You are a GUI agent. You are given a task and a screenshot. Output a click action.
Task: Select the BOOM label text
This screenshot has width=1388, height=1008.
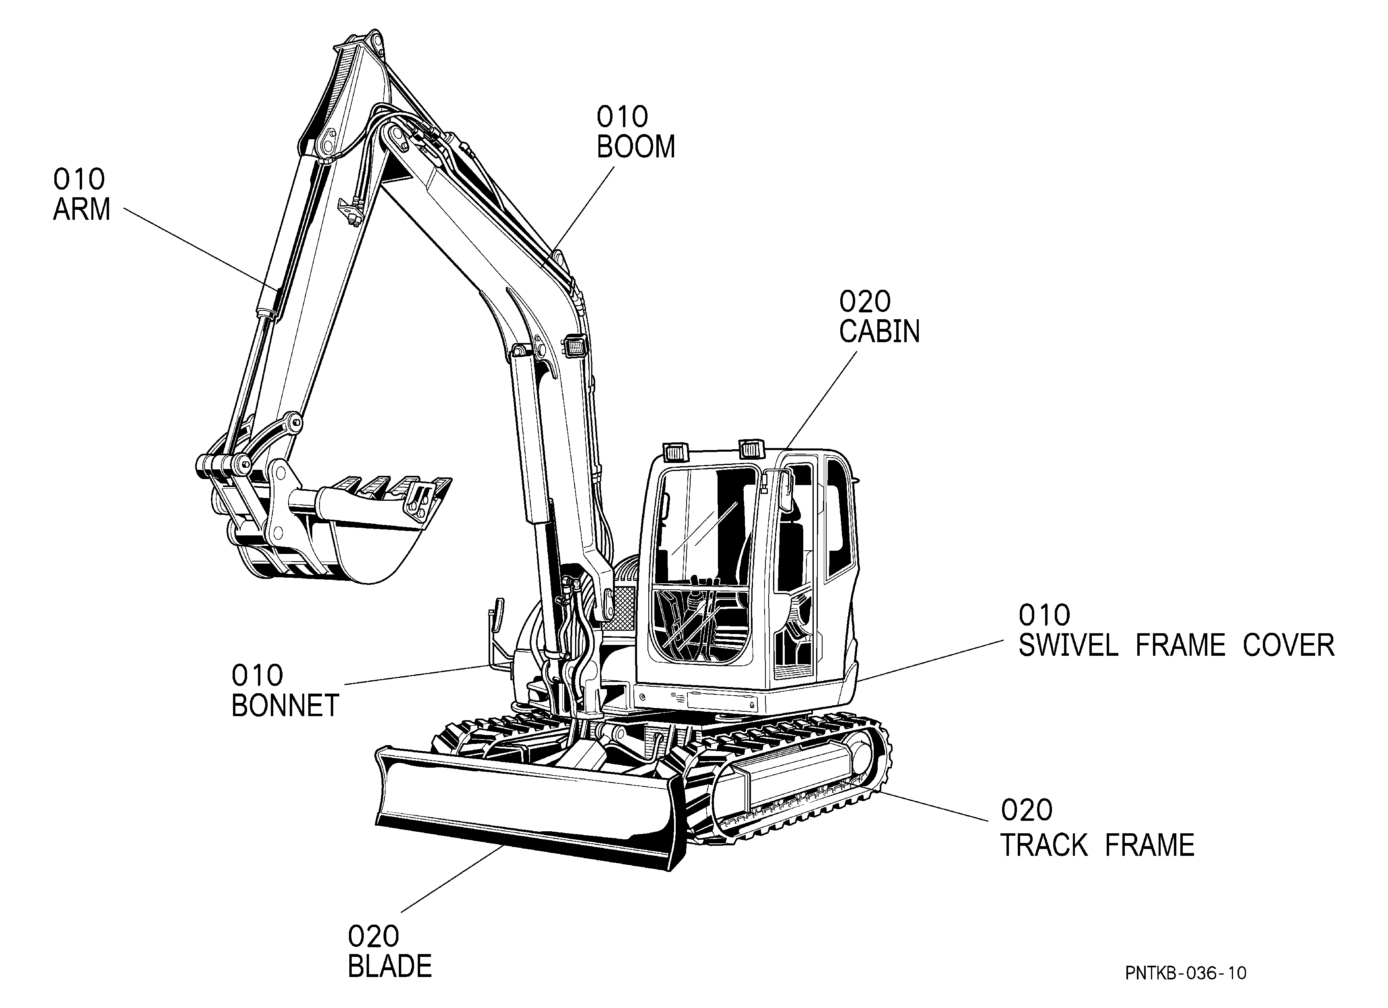coord(636,147)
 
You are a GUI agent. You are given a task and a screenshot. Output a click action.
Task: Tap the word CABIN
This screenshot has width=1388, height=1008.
coord(879,332)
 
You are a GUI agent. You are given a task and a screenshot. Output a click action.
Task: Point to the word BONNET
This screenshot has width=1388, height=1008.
coord(285,706)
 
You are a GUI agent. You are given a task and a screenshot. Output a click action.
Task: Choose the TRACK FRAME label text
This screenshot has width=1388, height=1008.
coord(1097,845)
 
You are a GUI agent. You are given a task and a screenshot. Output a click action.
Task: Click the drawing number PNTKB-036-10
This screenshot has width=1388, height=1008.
coord(1186,973)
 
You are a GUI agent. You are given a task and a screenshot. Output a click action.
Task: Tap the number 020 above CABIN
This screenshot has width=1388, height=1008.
coord(865,302)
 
